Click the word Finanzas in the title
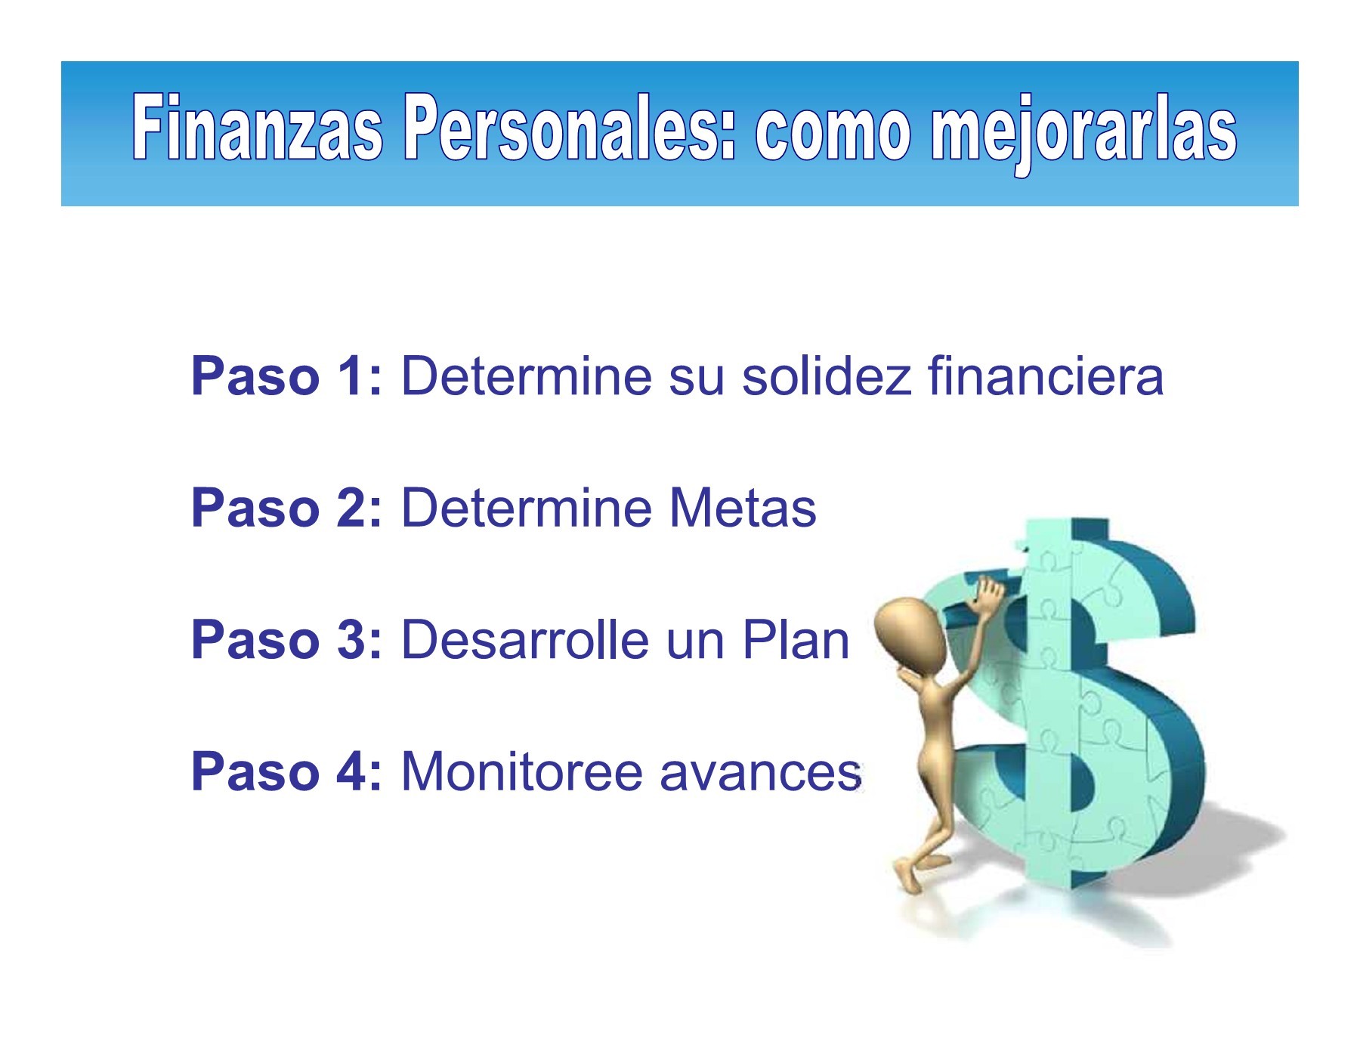pyautogui.click(x=257, y=128)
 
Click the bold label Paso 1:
pyautogui.click(x=287, y=376)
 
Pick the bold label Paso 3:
pyautogui.click(x=287, y=639)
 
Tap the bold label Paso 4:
pyautogui.click(x=287, y=771)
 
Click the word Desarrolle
pyautogui.click(x=525, y=639)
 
